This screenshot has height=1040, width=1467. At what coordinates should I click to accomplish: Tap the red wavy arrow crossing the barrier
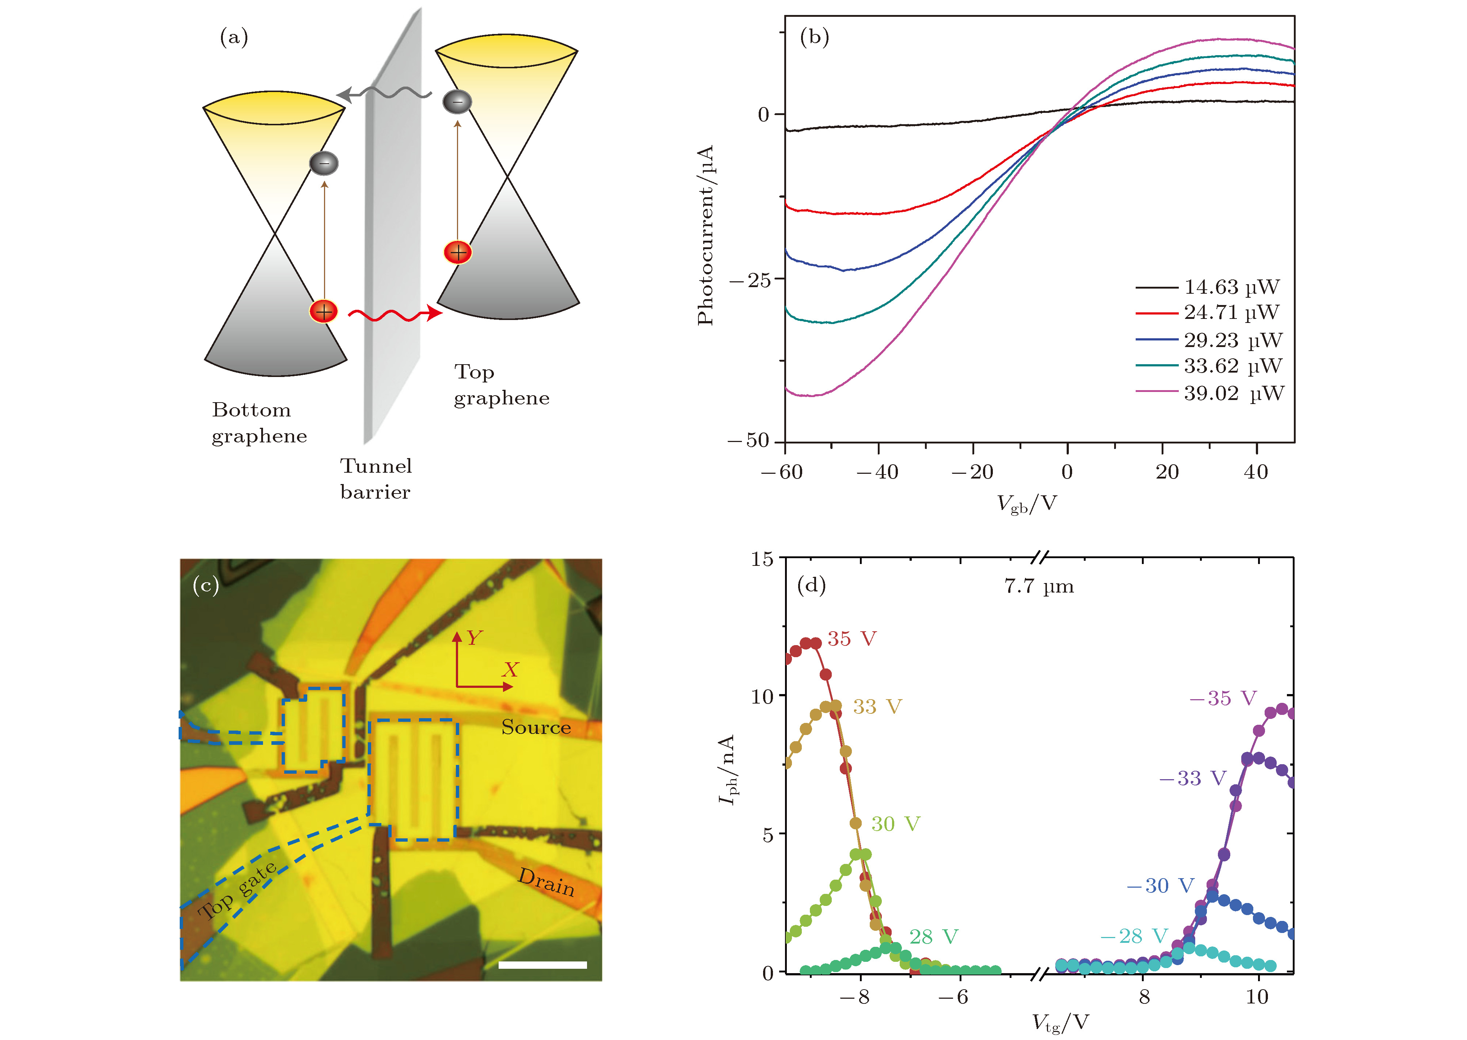(x=394, y=314)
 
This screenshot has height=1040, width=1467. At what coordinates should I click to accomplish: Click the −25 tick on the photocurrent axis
(x=749, y=280)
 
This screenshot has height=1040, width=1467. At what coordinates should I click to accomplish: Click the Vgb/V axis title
(x=1026, y=503)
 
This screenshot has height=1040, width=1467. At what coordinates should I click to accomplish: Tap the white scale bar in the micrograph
(x=542, y=964)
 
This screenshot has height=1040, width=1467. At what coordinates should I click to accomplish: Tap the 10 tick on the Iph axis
(x=762, y=696)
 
